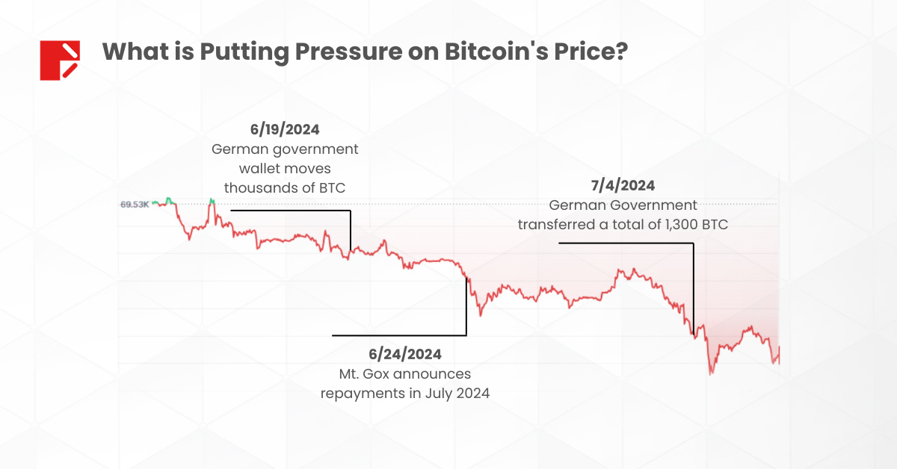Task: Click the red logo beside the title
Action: pyautogui.click(x=60, y=60)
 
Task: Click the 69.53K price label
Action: pyautogui.click(x=134, y=204)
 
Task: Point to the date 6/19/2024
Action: pyautogui.click(x=285, y=128)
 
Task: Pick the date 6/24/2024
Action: pyautogui.click(x=404, y=352)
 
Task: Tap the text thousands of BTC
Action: pyautogui.click(x=285, y=187)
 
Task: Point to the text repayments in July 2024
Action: pyautogui.click(x=404, y=392)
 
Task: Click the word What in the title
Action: pyautogui.click(x=132, y=52)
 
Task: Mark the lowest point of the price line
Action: pyautogui.click(x=710, y=373)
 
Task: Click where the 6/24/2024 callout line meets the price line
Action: pyautogui.click(x=466, y=278)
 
